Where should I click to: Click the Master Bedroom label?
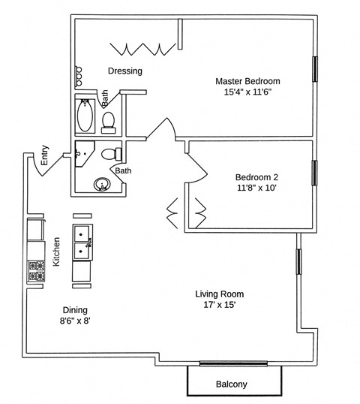(242, 80)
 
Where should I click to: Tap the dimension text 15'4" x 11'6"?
(242, 92)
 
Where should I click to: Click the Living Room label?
(220, 294)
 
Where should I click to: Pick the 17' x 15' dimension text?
(220, 306)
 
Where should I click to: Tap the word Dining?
(75, 309)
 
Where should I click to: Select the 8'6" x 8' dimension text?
(75, 321)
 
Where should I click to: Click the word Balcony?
(231, 384)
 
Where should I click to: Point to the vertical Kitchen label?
(56, 252)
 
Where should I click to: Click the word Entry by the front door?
(45, 155)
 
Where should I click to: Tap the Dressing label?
(125, 71)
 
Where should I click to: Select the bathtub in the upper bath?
(84, 117)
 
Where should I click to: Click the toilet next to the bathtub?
(108, 120)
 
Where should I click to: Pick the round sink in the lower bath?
(100, 184)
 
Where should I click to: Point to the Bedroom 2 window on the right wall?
(313, 172)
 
